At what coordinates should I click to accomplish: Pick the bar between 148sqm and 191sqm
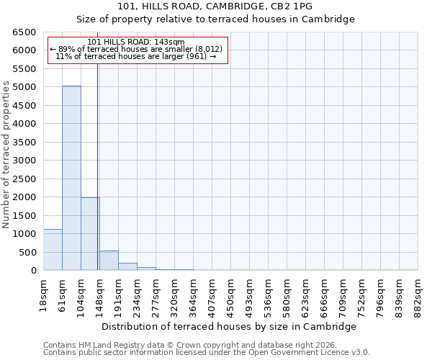tap(109, 261)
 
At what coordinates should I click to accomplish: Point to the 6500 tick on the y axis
tap(24, 32)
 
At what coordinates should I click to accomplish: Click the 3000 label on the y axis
tap(24, 161)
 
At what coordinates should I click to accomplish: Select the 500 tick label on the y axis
tap(27, 253)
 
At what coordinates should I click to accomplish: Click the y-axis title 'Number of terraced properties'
tap(6, 155)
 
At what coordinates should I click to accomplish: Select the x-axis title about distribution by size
tap(229, 326)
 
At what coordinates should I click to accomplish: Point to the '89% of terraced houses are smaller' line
tap(136, 49)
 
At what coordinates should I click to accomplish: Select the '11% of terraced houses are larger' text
tap(136, 56)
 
